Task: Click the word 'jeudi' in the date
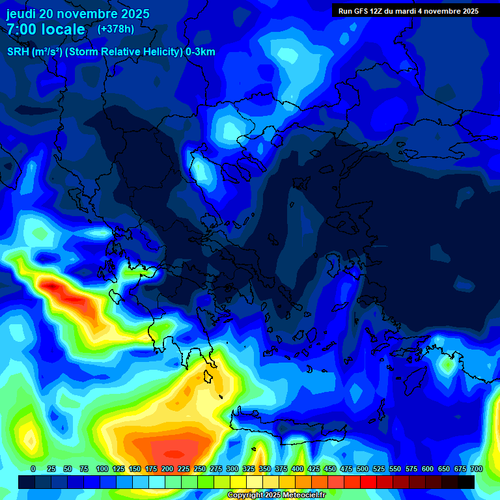tap(21, 14)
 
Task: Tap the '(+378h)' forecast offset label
tap(115, 29)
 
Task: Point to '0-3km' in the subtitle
tap(201, 52)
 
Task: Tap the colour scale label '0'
tap(33, 469)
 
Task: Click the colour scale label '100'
tap(102, 469)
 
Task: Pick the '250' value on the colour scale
tap(200, 469)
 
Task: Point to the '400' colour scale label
tap(298, 469)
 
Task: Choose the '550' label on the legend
tap(395, 469)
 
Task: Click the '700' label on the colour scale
tap(477, 469)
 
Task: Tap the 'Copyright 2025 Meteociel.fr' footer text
tap(276, 495)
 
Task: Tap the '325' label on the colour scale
tap(249, 469)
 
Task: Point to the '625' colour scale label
tap(444, 469)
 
